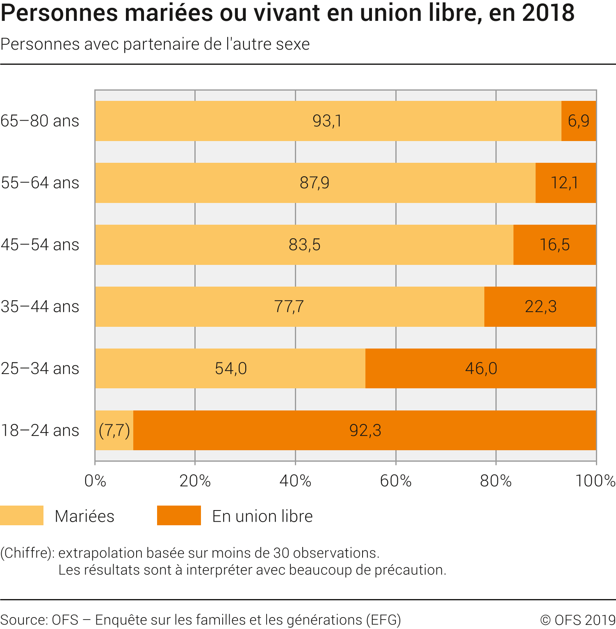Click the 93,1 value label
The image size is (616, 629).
tap(327, 121)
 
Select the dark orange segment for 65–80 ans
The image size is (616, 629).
tap(578, 121)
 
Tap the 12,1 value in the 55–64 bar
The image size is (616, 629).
tap(564, 183)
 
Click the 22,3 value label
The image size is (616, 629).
tap(541, 307)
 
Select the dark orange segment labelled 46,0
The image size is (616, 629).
tap(481, 369)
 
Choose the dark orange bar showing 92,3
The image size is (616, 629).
tap(365, 431)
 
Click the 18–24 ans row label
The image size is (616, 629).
tap(40, 431)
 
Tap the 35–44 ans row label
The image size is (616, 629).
tap(40, 307)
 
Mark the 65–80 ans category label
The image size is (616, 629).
tap(40, 121)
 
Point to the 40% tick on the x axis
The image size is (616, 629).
tap(295, 481)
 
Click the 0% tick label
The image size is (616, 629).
tap(95, 481)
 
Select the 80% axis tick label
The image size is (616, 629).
tap(496, 481)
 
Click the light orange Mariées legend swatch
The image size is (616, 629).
tap(22, 515)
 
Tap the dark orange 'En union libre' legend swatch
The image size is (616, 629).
tap(179, 515)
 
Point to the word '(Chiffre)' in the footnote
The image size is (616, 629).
tap(27, 553)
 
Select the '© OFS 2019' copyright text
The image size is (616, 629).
tap(577, 620)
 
